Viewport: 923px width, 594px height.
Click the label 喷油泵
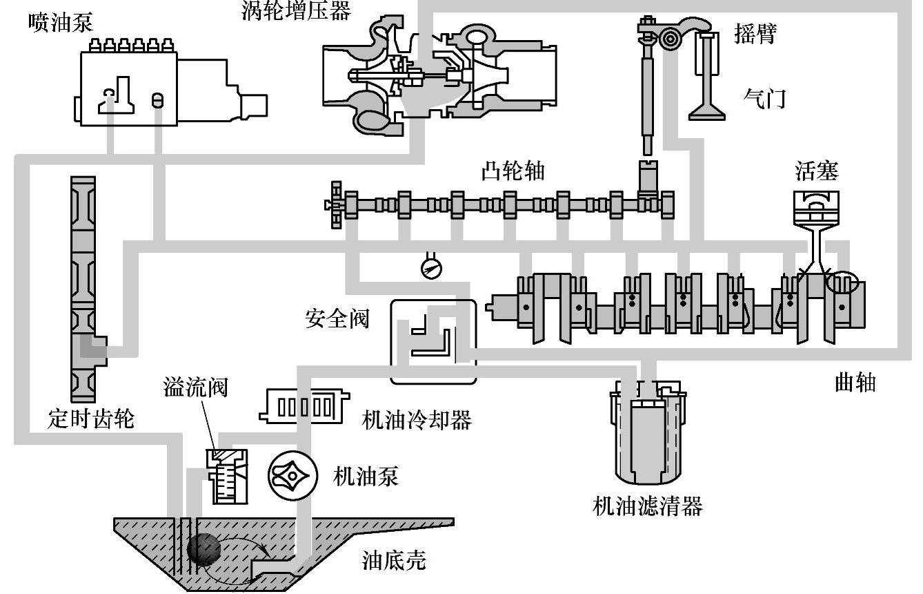tap(61, 22)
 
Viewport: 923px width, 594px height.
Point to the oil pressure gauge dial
tap(431, 269)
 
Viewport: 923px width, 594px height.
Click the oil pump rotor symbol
tap(292, 476)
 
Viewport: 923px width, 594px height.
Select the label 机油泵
tap(366, 477)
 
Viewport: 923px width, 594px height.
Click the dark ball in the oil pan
tap(204, 549)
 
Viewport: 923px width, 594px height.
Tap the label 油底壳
tap(394, 560)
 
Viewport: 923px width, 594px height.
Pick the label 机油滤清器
tap(647, 506)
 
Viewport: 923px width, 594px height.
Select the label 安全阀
tap(337, 319)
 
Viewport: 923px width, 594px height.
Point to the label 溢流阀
tap(195, 387)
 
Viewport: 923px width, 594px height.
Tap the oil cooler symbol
tap(304, 407)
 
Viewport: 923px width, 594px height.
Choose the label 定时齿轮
tap(91, 419)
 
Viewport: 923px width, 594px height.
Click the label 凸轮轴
tap(513, 171)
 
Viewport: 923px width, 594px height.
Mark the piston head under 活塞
tap(816, 208)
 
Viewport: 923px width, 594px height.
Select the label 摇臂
tap(755, 34)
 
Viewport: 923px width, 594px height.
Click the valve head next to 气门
tap(707, 113)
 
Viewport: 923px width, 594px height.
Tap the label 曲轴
tap(855, 383)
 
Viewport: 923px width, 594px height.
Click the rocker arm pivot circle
tap(668, 39)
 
